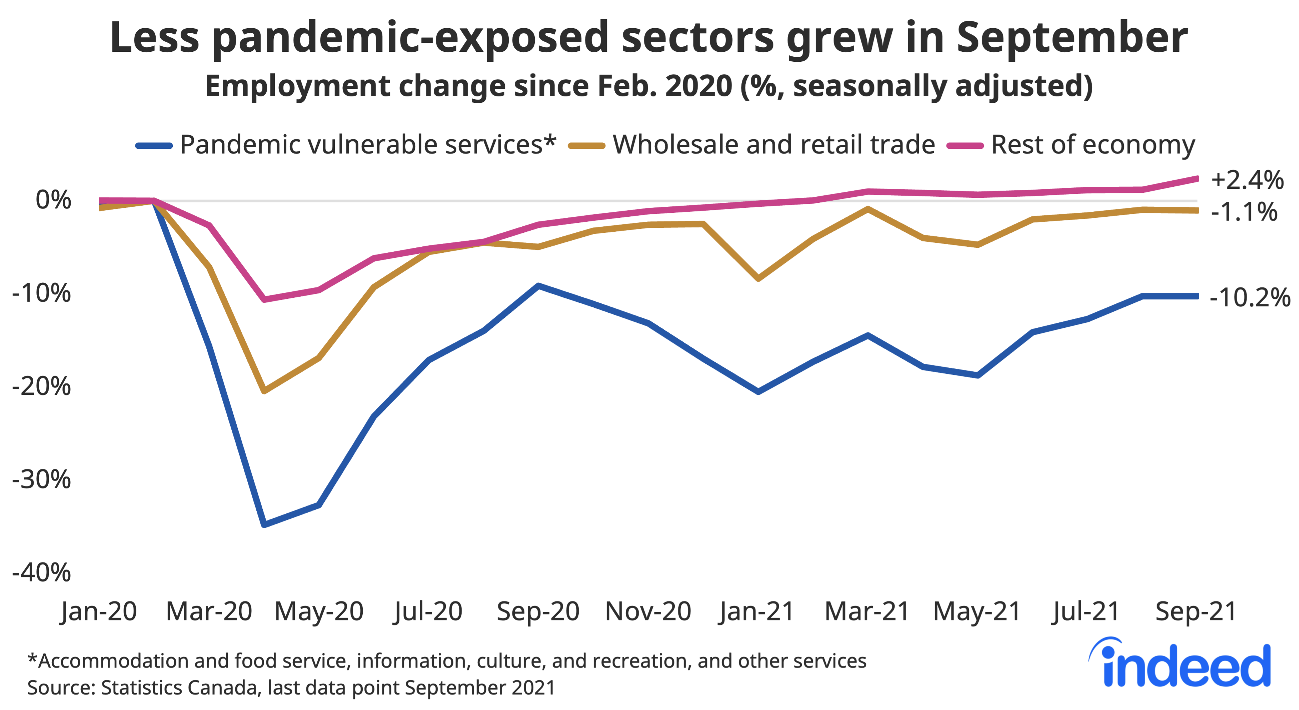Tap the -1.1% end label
tap(1244, 212)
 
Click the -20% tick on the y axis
tap(41, 387)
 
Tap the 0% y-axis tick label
tap(53, 201)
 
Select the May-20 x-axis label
tap(319, 612)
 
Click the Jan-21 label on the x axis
tap(756, 612)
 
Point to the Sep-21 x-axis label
tap(1195, 612)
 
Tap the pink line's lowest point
tap(264, 299)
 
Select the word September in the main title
tap(1072, 38)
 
